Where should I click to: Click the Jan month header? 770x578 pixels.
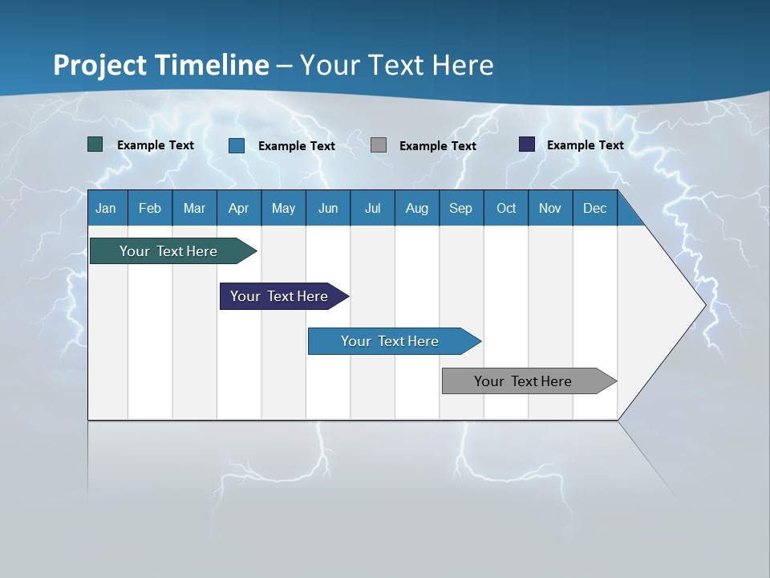click(x=106, y=208)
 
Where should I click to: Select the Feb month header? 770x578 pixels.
click(x=150, y=208)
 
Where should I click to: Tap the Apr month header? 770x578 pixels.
click(x=238, y=208)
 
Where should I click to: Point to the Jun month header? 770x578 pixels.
click(x=328, y=208)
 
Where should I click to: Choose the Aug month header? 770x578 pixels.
click(x=416, y=208)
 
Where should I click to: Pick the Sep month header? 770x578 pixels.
click(x=460, y=208)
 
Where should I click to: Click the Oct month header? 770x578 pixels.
click(x=506, y=208)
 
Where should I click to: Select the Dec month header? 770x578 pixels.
click(x=594, y=208)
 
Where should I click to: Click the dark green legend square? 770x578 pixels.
click(x=95, y=144)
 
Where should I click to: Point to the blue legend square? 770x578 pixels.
click(x=237, y=145)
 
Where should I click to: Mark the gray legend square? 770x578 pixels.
click(x=379, y=144)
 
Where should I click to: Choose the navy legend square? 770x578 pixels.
click(x=527, y=144)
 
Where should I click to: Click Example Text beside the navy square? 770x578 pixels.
click(x=585, y=145)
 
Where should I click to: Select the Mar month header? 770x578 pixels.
click(x=194, y=208)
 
